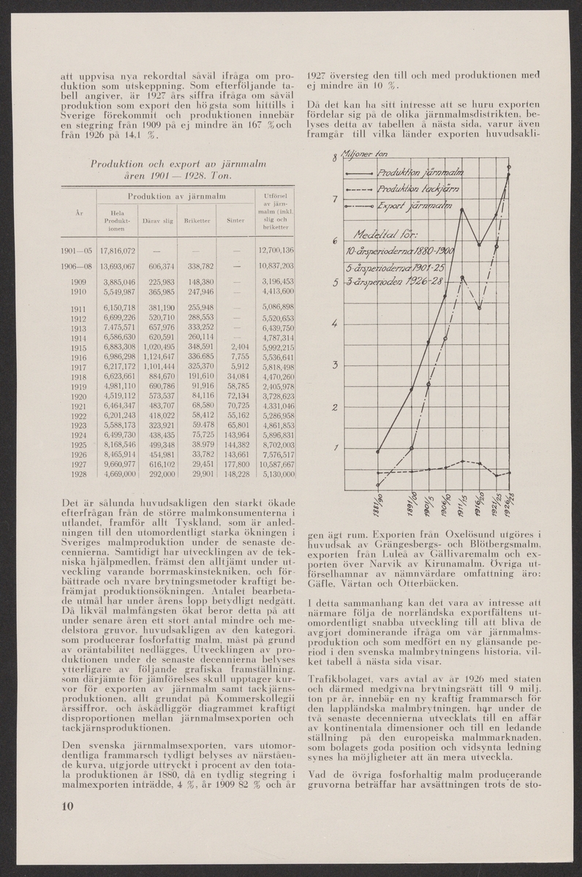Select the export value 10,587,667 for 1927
click(272, 463)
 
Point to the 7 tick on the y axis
click(335, 200)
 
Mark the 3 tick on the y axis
click(335, 365)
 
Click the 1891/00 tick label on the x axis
click(412, 504)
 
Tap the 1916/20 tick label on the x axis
click(479, 504)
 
